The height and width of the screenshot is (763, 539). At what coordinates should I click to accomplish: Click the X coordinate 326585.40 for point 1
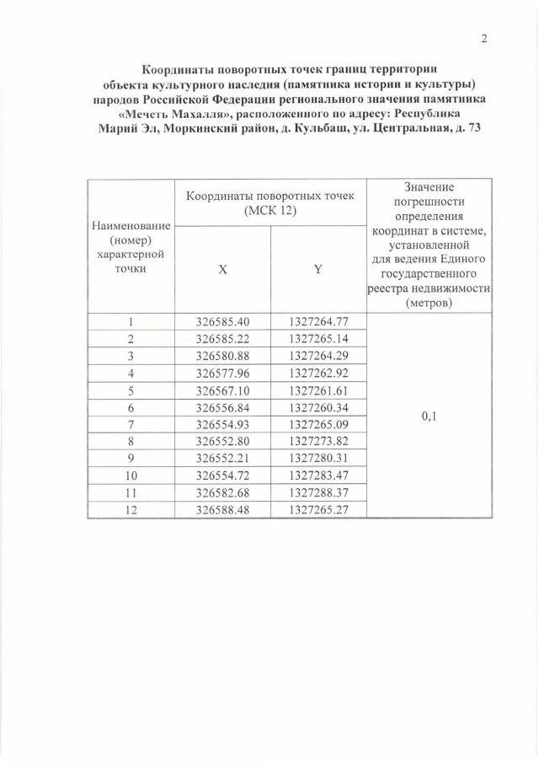[222, 321]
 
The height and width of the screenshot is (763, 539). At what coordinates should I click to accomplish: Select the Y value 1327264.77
[318, 321]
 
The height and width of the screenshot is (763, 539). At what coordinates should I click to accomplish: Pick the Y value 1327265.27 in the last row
[318, 509]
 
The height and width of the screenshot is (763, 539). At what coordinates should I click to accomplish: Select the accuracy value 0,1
[430, 416]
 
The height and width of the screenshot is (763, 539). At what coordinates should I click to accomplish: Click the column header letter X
[222, 270]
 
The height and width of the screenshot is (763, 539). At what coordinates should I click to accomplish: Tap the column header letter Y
[318, 270]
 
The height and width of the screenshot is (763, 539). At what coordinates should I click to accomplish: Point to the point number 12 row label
[131, 509]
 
